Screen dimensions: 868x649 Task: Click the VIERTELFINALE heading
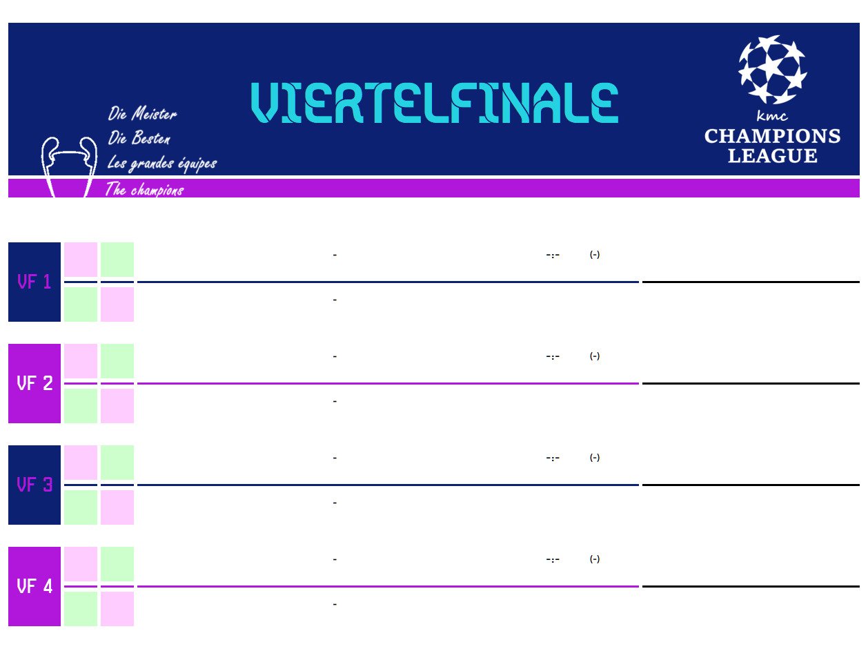(434, 103)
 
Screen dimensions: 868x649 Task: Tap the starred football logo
(772, 70)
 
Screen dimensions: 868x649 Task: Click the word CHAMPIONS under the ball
(772, 136)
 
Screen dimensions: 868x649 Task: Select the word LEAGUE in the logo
(772, 155)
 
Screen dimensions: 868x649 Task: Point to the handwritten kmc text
(772, 115)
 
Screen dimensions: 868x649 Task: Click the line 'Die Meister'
(142, 113)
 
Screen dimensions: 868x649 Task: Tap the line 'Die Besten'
(139, 137)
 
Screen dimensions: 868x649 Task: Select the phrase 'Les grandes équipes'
(162, 163)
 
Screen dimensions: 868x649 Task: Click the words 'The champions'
(144, 189)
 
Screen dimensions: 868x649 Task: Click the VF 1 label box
(34, 282)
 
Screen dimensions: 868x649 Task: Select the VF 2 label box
(34, 383)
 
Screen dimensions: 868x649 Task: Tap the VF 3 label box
(34, 485)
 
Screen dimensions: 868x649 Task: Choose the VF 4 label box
(34, 586)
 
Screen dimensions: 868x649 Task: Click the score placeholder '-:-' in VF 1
(553, 255)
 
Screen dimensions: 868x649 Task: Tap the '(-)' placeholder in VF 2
(594, 356)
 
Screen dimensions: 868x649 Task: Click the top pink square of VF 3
(81, 462)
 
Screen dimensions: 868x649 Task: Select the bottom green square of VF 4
(81, 609)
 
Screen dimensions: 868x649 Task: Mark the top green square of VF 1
(117, 260)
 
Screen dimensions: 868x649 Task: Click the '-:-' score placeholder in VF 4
(553, 559)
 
